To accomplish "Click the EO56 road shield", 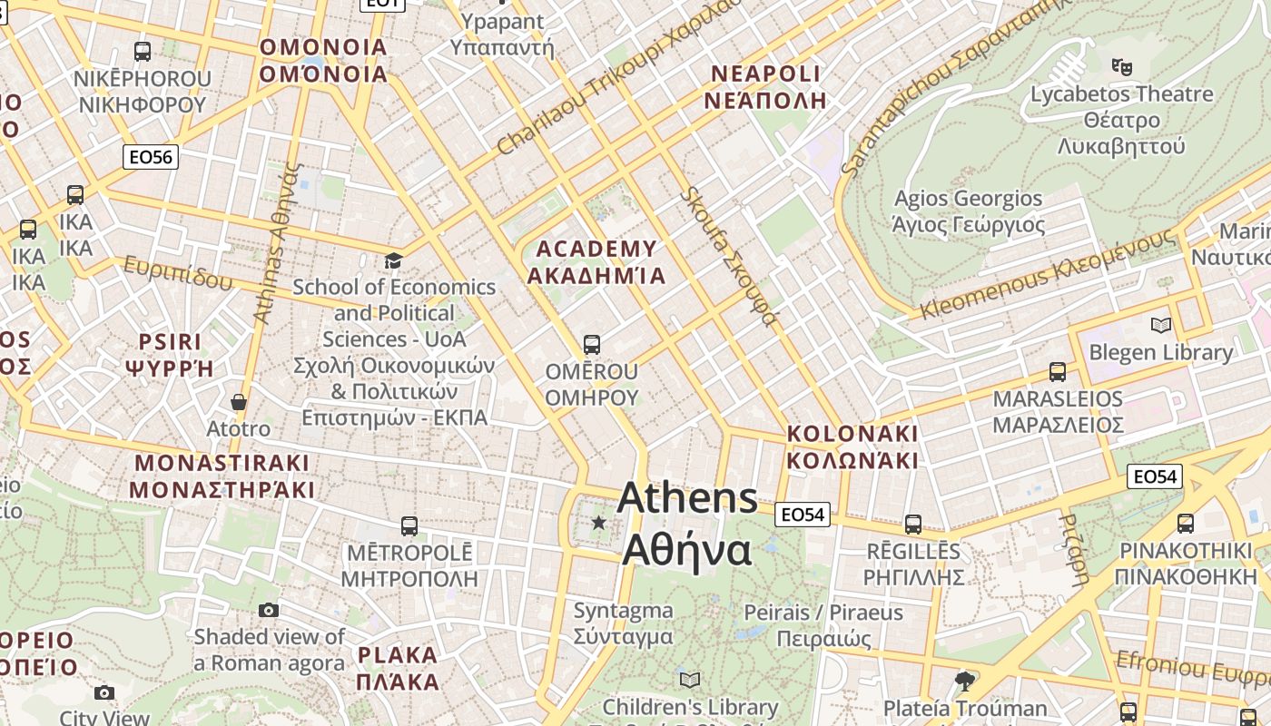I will tap(151, 157).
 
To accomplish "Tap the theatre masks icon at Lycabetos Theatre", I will tap(1122, 66).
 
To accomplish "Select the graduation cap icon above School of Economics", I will tap(393, 261).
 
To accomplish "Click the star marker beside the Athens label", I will tap(598, 523).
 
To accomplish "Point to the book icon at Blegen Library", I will tap(1160, 325).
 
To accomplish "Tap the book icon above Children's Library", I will tap(690, 680).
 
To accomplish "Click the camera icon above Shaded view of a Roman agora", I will tap(269, 610).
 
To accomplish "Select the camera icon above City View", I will tap(104, 693).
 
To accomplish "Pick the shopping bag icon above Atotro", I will tap(239, 402).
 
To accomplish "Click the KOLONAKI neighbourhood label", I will tap(852, 446).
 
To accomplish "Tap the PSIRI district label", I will tap(170, 355).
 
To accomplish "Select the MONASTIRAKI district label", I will tap(222, 476).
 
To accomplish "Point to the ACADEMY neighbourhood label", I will tap(596, 262).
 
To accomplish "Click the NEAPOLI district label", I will tap(765, 87).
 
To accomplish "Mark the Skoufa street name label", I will tap(729, 257).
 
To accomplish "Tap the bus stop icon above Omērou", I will tap(592, 345).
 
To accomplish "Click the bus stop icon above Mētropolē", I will tap(409, 526).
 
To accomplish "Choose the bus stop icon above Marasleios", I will tap(1058, 371).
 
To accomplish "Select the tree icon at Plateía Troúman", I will tap(965, 681).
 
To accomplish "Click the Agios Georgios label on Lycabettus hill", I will tap(968, 211).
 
